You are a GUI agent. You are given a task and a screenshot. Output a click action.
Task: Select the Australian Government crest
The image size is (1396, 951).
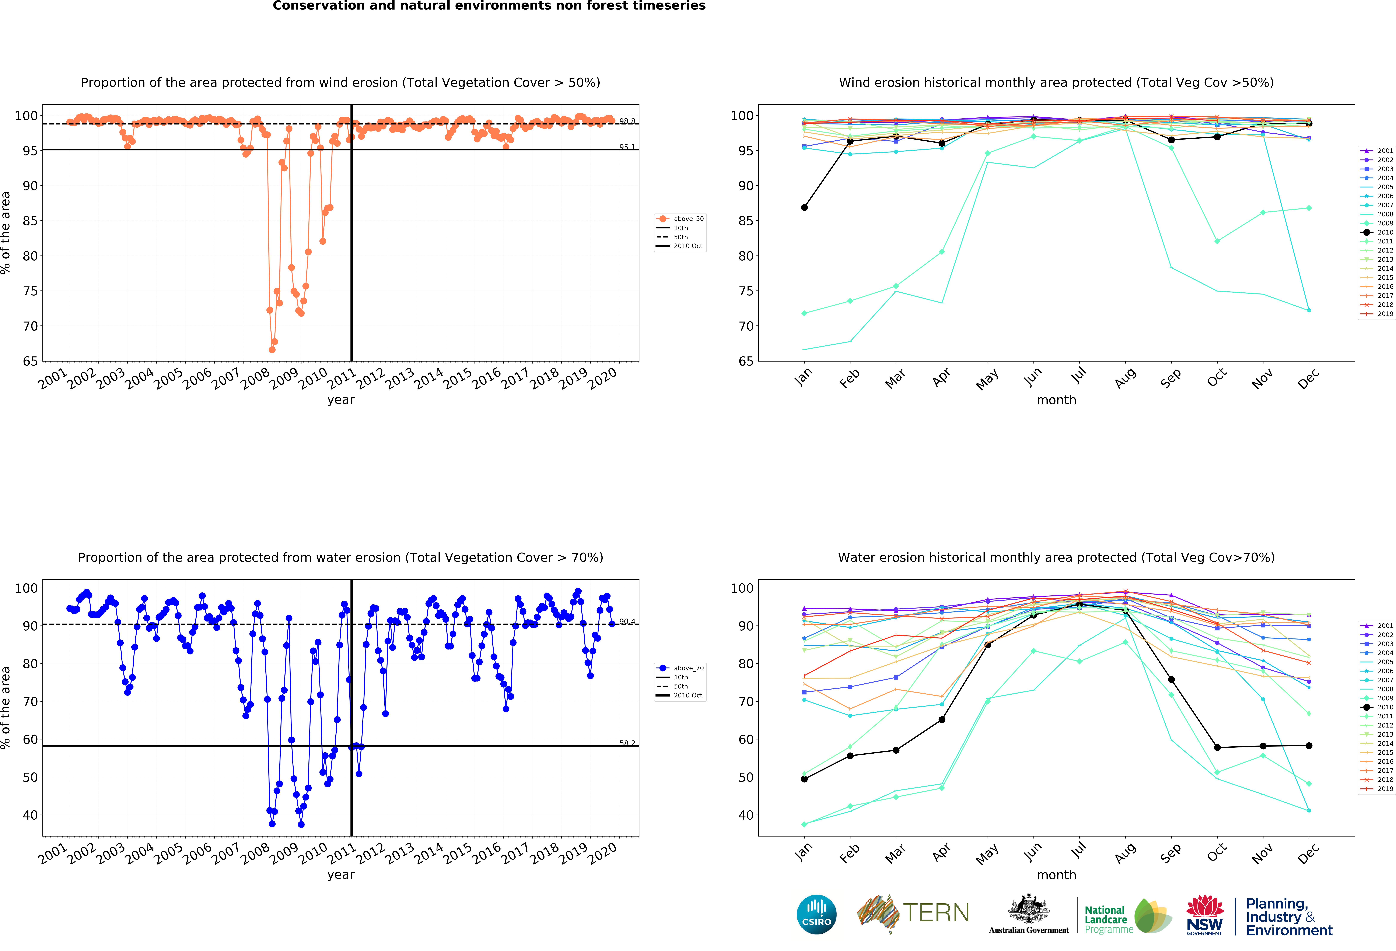(1029, 910)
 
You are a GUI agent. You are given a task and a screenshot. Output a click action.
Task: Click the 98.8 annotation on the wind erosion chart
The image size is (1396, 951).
(627, 121)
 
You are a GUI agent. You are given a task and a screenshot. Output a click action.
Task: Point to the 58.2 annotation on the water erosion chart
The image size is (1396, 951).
(627, 743)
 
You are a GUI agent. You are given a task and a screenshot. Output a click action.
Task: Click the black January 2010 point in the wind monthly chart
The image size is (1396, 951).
(804, 208)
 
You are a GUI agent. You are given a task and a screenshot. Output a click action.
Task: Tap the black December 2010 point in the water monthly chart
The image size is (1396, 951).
(1309, 746)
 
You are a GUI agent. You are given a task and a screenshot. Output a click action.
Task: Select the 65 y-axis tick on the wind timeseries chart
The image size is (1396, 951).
(30, 361)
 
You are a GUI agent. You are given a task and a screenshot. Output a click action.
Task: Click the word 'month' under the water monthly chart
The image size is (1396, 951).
(1056, 875)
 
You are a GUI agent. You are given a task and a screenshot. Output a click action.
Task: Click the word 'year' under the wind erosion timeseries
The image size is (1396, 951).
(341, 400)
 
